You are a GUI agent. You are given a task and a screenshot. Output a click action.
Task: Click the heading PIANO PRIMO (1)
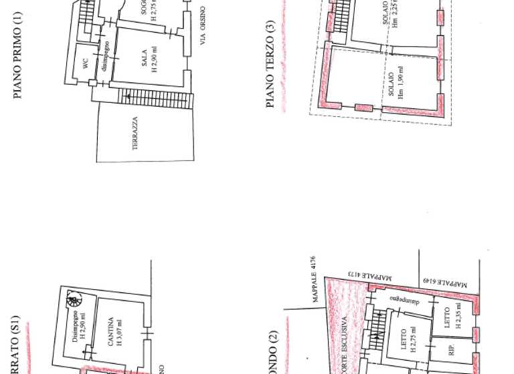tap(17, 59)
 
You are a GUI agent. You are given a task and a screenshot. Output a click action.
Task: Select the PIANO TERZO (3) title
tap(270, 64)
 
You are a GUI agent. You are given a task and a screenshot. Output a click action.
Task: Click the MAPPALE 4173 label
tap(371, 274)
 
